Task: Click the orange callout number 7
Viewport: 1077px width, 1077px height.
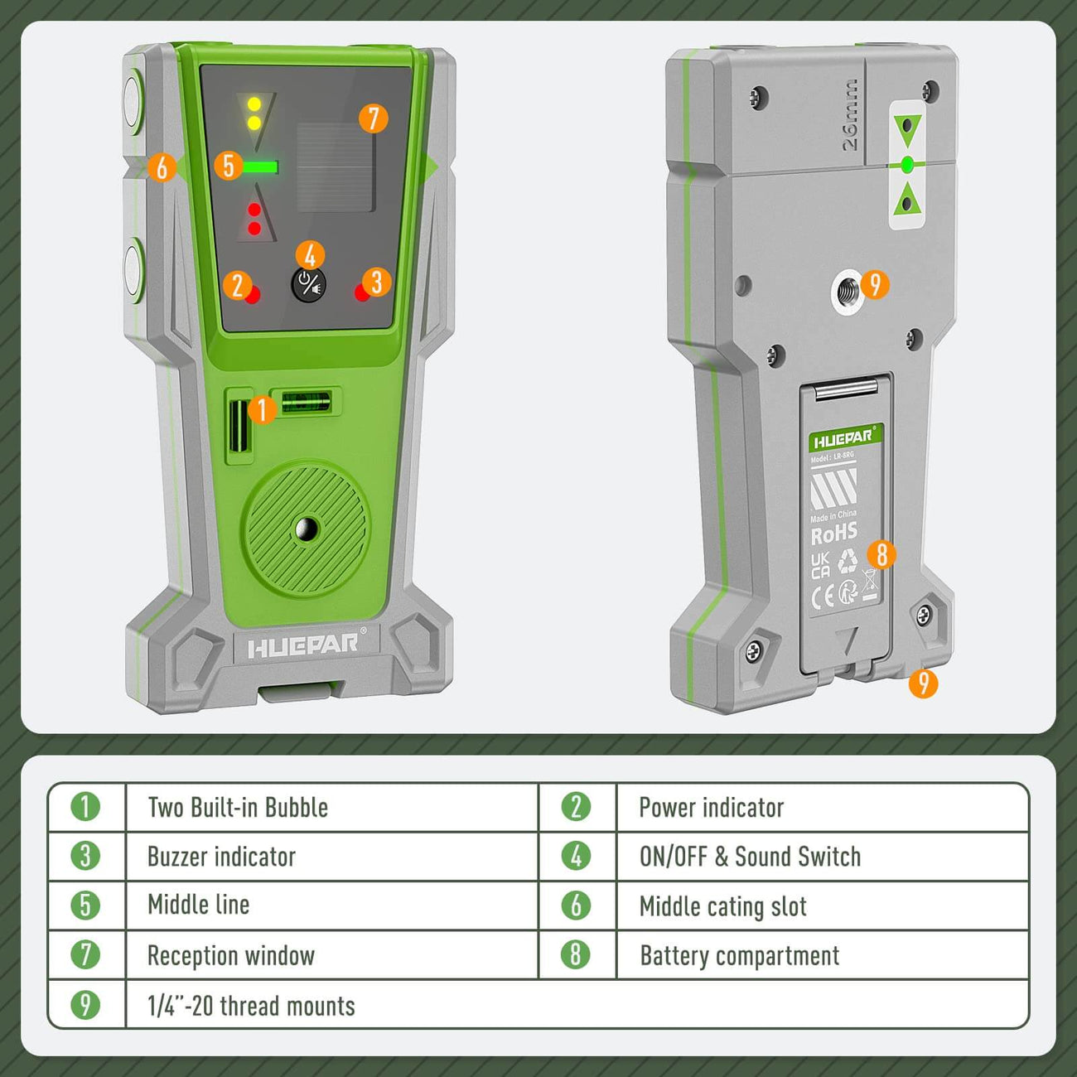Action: tap(373, 118)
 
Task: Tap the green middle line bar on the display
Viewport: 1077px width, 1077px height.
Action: tap(259, 167)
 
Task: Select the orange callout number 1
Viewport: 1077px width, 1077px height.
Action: tap(262, 408)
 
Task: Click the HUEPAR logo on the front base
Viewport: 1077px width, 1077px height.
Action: tap(303, 645)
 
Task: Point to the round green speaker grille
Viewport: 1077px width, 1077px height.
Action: tap(306, 527)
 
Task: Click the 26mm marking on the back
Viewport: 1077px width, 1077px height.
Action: tap(851, 115)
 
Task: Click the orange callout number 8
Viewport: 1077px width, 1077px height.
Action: tap(881, 553)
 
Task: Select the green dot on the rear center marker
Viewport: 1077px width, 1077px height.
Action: tap(906, 165)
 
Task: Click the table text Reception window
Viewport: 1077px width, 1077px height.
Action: tap(231, 955)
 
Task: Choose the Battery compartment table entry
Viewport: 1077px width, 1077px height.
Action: tap(739, 955)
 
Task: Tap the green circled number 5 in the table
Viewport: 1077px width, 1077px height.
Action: tap(85, 905)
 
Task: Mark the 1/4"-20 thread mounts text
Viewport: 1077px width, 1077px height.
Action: tap(251, 1006)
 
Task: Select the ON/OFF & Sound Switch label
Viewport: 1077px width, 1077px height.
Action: tap(750, 856)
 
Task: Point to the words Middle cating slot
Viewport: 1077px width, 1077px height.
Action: tap(722, 906)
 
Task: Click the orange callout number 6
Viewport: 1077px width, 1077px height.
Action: tap(162, 167)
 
